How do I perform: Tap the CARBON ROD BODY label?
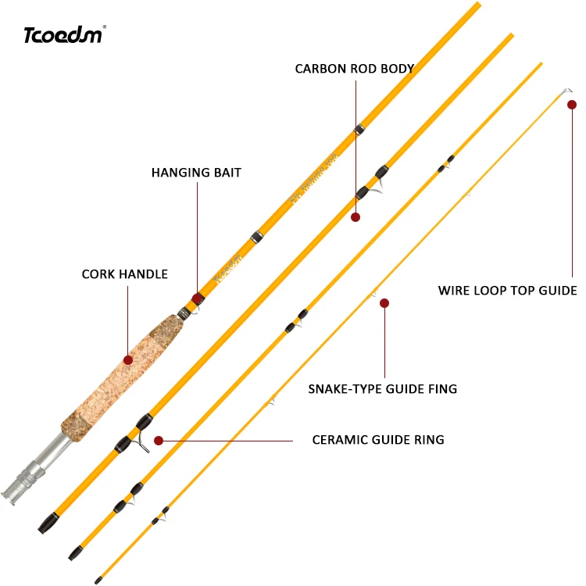(x=354, y=69)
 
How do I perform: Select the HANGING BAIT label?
(x=196, y=173)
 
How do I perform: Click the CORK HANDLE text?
(x=125, y=274)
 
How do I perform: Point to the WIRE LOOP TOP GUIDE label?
(x=507, y=291)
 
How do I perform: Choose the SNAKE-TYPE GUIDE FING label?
(x=382, y=388)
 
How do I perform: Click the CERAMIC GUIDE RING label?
(x=378, y=440)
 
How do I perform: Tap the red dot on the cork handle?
(x=128, y=359)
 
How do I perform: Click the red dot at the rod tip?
(x=572, y=104)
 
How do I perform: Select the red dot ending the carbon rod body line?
(x=356, y=217)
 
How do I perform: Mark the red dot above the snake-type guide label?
(x=384, y=302)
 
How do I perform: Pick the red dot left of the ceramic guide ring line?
(x=159, y=441)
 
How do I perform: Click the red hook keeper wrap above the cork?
(x=198, y=298)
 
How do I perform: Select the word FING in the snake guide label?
(x=443, y=388)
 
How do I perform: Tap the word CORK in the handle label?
(x=99, y=274)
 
